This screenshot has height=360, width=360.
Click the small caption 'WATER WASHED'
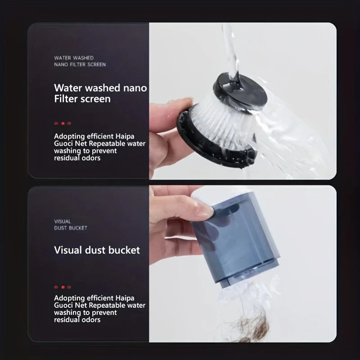pyautogui.click(x=74, y=58)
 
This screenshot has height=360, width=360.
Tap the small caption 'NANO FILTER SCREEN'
pyautogui.click(x=80, y=65)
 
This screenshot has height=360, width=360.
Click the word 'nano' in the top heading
pyautogui.click(x=135, y=88)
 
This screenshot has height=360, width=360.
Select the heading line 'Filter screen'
pyautogui.click(x=82, y=99)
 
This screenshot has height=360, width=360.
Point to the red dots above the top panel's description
pyautogui.click(x=63, y=123)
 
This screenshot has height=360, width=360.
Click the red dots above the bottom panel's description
pyautogui.click(x=63, y=287)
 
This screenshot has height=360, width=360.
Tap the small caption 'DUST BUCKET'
pyautogui.click(x=71, y=228)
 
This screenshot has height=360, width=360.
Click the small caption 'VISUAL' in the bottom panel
pyautogui.click(x=63, y=221)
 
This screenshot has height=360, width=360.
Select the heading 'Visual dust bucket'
pyautogui.click(x=97, y=250)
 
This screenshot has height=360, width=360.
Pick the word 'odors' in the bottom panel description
pyautogui.click(x=89, y=320)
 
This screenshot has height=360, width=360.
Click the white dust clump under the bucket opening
pyautogui.click(x=243, y=292)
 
